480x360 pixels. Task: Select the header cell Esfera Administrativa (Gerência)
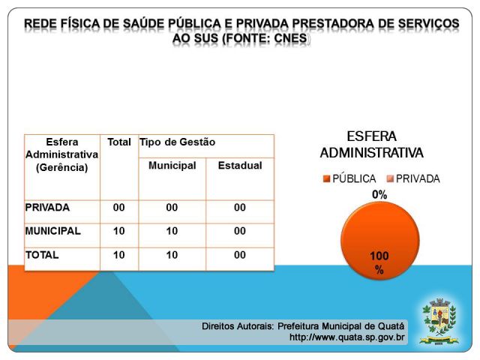tap(61, 154)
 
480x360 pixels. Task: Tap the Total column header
tap(119, 142)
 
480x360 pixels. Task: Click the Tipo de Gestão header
tap(177, 142)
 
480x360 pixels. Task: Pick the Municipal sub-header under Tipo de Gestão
tap(172, 165)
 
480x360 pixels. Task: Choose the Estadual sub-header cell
tap(239, 165)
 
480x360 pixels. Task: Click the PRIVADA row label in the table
tap(47, 208)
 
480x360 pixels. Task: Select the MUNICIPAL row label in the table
tap(52, 232)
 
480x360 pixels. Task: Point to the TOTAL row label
tap(42, 255)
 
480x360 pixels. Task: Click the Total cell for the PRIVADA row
tap(119, 208)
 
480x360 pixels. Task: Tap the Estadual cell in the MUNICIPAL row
tap(239, 232)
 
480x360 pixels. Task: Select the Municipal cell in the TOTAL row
tap(172, 255)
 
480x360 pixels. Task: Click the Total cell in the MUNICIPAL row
tap(119, 232)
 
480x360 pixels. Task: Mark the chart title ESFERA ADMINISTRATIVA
tap(371, 145)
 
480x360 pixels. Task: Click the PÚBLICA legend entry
tap(349, 179)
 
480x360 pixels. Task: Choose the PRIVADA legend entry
tap(413, 179)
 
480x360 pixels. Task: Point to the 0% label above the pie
tap(379, 195)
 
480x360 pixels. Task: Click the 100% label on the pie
tap(379, 262)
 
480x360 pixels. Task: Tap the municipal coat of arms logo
tap(437, 320)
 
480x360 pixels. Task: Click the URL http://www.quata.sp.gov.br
tap(347, 337)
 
